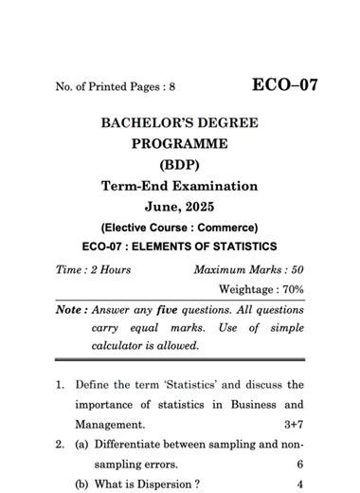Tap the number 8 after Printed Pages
[x=171, y=87]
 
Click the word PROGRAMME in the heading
[x=180, y=144]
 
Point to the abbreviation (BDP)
[x=180, y=165]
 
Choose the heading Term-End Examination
[x=180, y=186]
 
